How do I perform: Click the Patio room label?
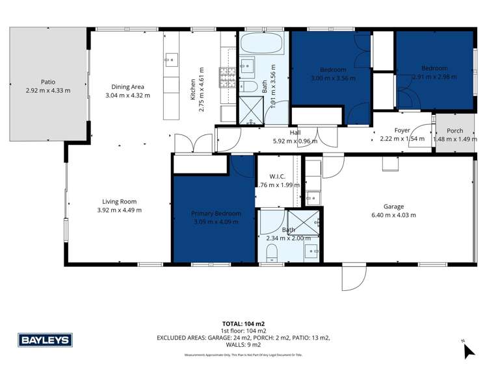(47, 82)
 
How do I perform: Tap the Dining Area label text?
(127, 86)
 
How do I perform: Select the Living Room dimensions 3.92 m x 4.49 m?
(119, 210)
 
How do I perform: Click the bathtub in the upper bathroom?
(261, 45)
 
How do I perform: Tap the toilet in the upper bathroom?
(250, 87)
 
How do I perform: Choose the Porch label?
(454, 130)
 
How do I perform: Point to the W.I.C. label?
(278, 176)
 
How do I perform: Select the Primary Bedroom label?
(216, 213)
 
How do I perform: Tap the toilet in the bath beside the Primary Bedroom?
(271, 253)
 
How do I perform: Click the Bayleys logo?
(46, 340)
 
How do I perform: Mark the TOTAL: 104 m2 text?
(243, 323)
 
